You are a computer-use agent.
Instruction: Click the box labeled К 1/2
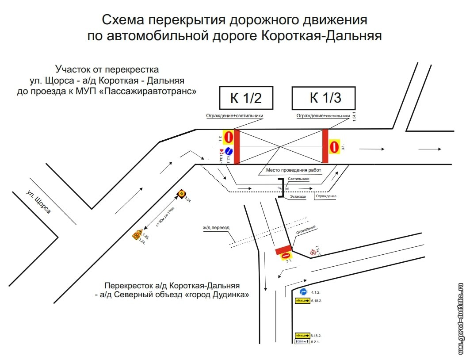[x=246, y=98]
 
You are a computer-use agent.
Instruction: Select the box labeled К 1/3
[x=323, y=98]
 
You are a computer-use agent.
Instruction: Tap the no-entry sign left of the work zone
[x=228, y=137]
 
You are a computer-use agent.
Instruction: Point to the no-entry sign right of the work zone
[x=335, y=146]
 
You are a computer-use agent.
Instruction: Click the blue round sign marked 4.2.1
[x=229, y=151]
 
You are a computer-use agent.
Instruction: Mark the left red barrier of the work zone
[x=237, y=146]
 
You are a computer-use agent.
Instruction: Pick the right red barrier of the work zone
[x=325, y=146]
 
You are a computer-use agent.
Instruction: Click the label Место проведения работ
[x=294, y=170]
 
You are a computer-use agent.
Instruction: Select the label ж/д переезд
[x=216, y=228]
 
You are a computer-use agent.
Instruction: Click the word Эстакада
[x=298, y=196]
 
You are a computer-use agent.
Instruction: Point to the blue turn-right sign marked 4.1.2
[x=303, y=292]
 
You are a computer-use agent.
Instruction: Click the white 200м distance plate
[x=302, y=341]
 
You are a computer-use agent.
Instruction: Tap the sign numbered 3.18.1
[x=313, y=253]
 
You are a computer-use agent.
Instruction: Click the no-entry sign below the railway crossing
[x=286, y=256]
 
